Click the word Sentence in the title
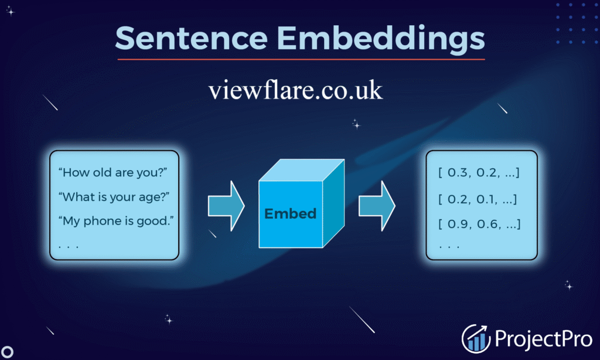(x=192, y=38)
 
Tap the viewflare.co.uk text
(x=295, y=90)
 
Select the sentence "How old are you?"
(x=113, y=173)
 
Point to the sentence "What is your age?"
(x=114, y=197)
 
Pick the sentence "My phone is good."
(x=116, y=221)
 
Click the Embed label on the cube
(x=291, y=213)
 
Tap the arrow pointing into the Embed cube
(x=226, y=206)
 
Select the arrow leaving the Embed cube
(x=377, y=206)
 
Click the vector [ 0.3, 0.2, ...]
(x=479, y=173)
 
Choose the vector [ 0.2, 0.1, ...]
(x=478, y=199)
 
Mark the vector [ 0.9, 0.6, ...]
(x=479, y=224)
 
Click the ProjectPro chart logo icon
(x=476, y=338)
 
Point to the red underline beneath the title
(x=301, y=59)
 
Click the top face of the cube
(x=302, y=170)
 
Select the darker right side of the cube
(x=333, y=203)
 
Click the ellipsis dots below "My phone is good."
(x=69, y=247)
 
